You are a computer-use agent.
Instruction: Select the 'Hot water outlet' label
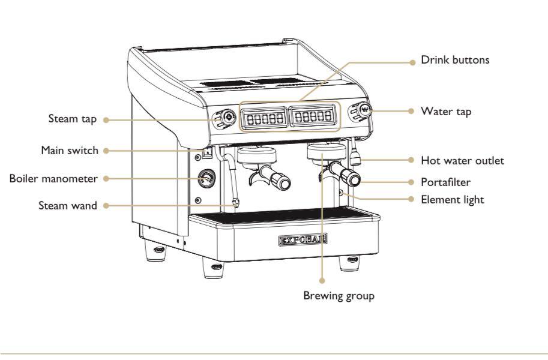[x=462, y=161]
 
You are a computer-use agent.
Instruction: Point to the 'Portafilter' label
[x=445, y=182]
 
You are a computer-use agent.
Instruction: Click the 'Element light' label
[x=452, y=199]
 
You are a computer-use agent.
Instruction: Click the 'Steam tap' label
[x=72, y=119]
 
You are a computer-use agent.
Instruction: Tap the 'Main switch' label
[x=70, y=150]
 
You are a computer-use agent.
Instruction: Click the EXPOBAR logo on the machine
[x=303, y=240]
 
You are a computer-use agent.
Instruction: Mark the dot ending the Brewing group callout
[x=322, y=280]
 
